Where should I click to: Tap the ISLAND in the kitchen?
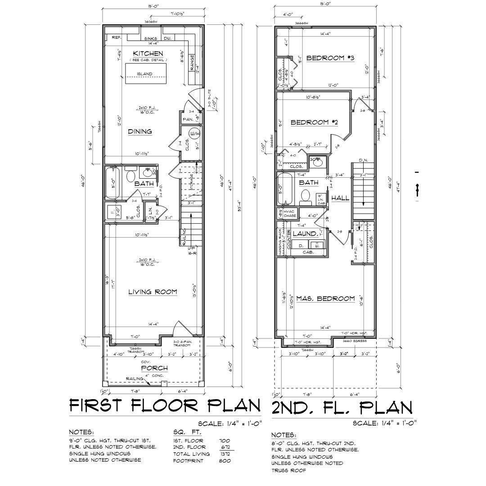click(145, 74)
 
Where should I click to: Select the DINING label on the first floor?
click(139, 132)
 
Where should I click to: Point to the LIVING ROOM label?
click(153, 292)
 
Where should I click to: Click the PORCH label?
click(154, 368)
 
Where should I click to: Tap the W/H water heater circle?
click(195, 134)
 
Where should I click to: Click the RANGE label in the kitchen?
click(192, 63)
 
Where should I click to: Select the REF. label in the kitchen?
click(116, 38)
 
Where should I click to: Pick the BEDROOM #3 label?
click(331, 58)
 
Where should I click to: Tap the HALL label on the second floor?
click(340, 198)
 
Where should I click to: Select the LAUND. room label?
click(305, 234)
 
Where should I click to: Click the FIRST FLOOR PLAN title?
click(165, 405)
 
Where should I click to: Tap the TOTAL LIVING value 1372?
click(224, 454)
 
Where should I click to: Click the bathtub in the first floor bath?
click(112, 183)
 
